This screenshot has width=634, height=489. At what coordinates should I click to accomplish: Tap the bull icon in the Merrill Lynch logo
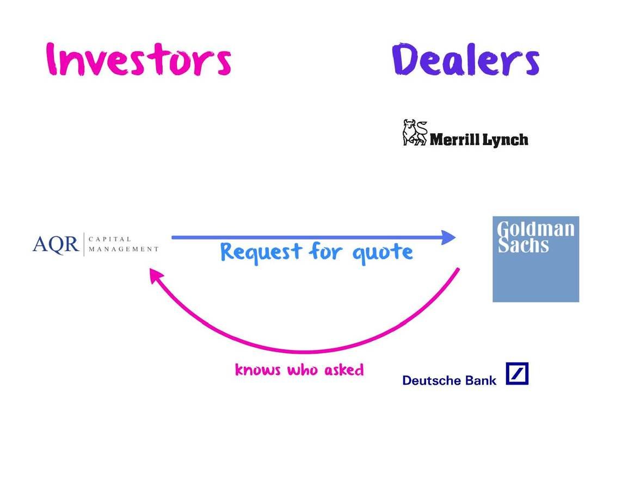415,133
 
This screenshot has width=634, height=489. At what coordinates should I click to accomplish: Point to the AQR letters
56,244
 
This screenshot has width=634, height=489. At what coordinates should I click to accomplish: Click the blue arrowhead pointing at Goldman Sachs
448,237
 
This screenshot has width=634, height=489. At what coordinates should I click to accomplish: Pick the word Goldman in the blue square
535,229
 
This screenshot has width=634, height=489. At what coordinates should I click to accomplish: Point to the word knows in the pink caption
258,370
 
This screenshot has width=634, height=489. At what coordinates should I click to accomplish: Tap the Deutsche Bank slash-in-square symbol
517,374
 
